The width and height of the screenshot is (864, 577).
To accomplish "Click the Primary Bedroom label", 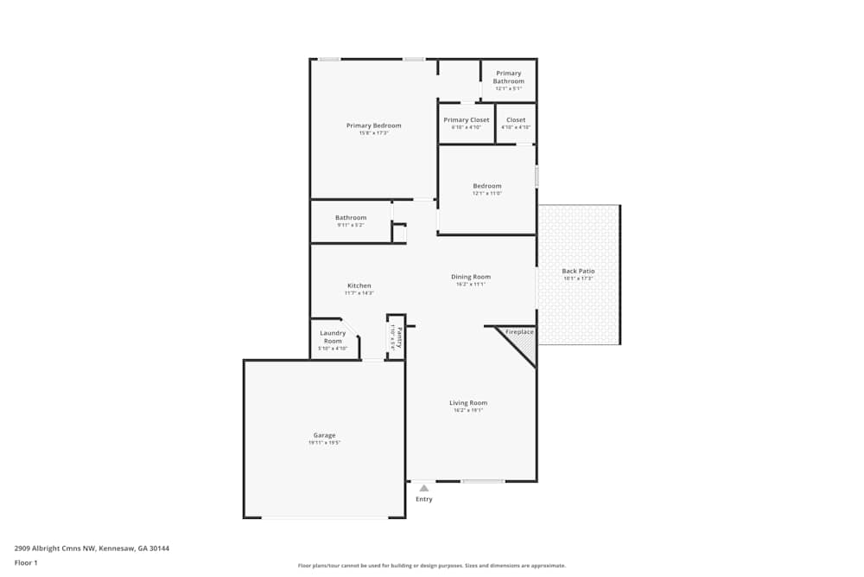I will (373, 125).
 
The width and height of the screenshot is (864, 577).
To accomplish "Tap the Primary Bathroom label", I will (508, 78).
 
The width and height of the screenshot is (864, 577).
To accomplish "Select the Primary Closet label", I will (466, 120).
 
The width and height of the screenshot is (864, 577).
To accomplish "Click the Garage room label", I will (324, 435).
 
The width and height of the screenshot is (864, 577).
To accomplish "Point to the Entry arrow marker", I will (423, 488).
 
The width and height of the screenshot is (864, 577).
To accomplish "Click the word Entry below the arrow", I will (423, 499).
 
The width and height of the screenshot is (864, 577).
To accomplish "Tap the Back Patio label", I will (578, 271).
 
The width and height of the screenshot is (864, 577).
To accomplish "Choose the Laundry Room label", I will (333, 337).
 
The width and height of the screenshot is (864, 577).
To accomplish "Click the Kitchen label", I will (359, 285).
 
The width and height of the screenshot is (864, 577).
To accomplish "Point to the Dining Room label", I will (470, 277).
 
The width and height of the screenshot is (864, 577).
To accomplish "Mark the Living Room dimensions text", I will (467, 410).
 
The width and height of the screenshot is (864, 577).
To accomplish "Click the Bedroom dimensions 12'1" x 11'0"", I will (486, 194).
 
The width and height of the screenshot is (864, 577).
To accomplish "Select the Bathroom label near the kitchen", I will (351, 217).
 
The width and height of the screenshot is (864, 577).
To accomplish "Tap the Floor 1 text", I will (26, 562).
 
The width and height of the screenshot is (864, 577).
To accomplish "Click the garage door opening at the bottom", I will (324, 517).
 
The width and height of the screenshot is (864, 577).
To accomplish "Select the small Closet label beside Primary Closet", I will (516, 120).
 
